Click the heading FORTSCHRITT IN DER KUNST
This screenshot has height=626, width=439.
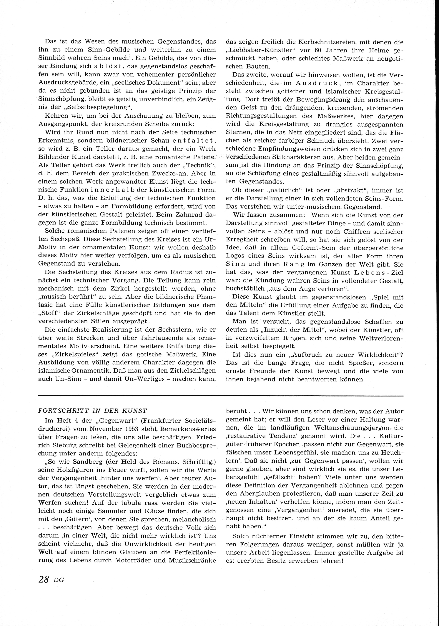click(92, 410)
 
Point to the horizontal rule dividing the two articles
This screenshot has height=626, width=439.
click(221, 395)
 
